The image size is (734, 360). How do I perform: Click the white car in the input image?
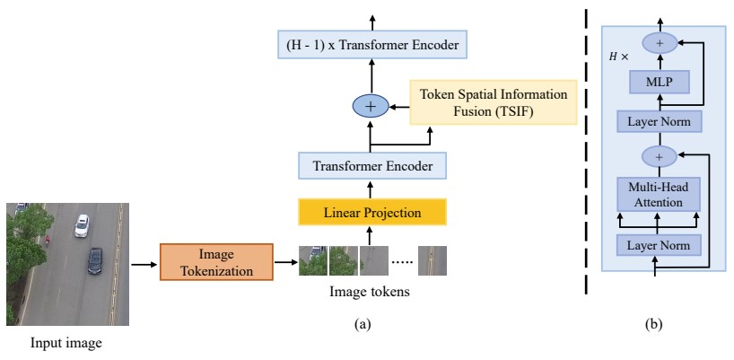[82, 224]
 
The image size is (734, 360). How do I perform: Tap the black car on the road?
[95, 261]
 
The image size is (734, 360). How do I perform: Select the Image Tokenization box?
[216, 262]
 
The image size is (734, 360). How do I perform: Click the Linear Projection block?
[371, 213]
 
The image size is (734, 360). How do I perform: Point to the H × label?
[619, 57]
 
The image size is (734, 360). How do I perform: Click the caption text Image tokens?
[371, 292]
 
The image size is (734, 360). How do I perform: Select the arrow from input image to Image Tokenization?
[144, 264]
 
